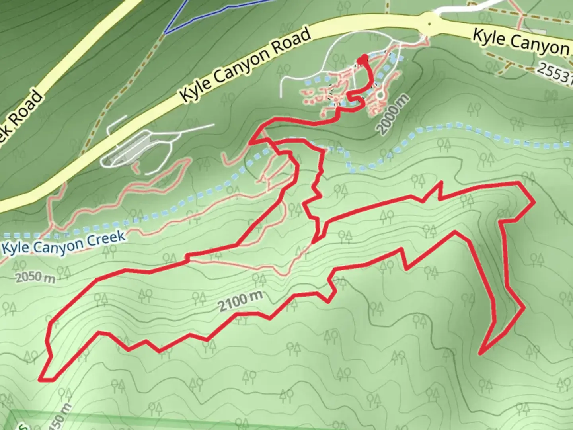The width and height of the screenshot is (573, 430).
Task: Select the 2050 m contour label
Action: pos(35,277)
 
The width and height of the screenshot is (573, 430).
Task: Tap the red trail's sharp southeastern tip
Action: pos(481,353)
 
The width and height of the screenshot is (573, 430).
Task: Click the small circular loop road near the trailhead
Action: pos(380,95)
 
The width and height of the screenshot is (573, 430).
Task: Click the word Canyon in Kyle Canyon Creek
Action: pos(58,244)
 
